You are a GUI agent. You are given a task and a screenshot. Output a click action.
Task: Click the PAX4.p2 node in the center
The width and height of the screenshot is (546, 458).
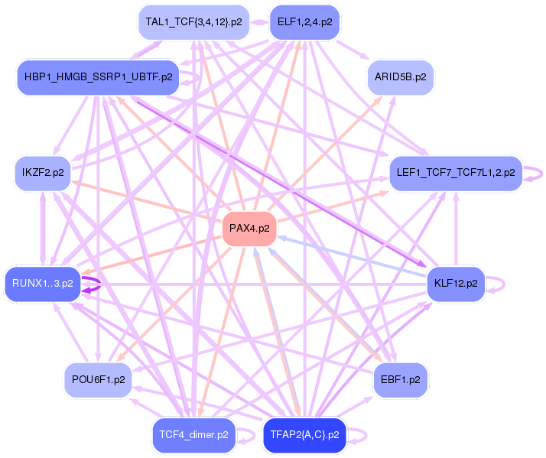[x=249, y=228]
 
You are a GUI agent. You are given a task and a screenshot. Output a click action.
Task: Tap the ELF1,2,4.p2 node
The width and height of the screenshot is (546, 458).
[x=304, y=22]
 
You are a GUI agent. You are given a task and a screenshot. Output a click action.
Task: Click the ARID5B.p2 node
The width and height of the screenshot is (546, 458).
[x=401, y=76]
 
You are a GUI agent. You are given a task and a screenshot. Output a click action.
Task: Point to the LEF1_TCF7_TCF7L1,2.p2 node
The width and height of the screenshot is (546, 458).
[x=456, y=173]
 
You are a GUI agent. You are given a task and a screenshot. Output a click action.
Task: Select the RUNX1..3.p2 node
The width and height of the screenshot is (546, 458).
[x=42, y=283]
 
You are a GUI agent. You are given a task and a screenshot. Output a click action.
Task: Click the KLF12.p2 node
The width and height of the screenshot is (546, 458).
[x=455, y=283]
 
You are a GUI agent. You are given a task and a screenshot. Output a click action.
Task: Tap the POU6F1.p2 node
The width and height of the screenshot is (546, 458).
[x=98, y=379]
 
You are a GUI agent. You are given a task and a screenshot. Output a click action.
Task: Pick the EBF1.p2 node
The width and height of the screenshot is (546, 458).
[x=400, y=379]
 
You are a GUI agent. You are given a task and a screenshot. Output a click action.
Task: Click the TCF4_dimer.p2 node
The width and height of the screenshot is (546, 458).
[x=193, y=435]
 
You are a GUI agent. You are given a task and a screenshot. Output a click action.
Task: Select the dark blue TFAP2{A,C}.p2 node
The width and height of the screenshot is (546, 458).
[x=304, y=435]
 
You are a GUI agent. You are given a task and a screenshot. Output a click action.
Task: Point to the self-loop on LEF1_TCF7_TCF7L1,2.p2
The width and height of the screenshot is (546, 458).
[x=540, y=173]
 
